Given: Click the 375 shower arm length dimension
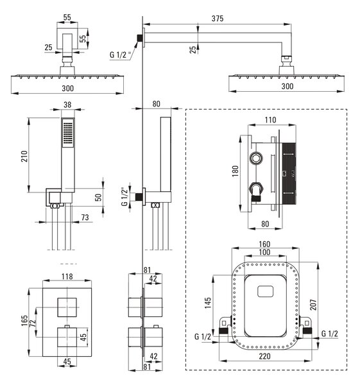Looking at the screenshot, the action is point(218,19).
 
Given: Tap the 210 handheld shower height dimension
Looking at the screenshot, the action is point(24,156).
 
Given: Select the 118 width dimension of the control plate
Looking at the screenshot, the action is point(67,277).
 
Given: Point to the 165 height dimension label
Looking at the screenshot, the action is point(24,321).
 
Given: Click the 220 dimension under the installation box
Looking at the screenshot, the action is point(264,356).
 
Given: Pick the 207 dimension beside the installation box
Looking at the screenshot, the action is point(313,305).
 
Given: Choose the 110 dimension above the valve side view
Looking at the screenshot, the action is point(270,120).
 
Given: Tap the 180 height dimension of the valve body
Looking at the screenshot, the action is point(235,171).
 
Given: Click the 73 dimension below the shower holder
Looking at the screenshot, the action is point(85,218).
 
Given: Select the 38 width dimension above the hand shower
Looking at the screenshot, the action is point(67,105).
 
